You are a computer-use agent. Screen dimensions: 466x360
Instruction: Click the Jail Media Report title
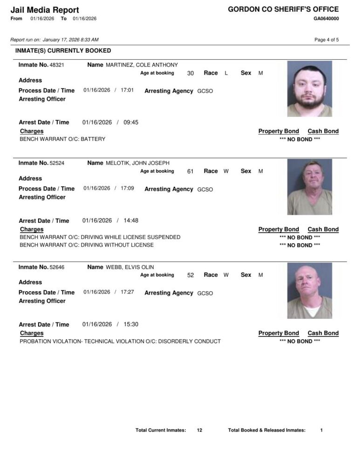[44, 10]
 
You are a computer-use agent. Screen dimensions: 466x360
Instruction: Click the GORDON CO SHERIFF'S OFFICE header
[283, 9]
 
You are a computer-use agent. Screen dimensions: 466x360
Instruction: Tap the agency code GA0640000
[326, 19]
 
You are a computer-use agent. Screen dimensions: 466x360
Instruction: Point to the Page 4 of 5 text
[326, 40]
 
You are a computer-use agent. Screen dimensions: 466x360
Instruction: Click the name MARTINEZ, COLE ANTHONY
[142, 65]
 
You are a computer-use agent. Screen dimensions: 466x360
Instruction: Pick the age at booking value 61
[190, 171]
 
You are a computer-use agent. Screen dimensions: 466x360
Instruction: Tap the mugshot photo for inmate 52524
[310, 186]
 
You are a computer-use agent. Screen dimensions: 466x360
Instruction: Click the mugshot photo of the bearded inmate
[310, 89]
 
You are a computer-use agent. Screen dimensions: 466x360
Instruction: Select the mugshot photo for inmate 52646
[310, 290]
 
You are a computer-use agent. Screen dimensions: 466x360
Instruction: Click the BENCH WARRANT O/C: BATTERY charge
[62, 139]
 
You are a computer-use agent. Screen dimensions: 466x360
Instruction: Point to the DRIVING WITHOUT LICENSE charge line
[87, 245]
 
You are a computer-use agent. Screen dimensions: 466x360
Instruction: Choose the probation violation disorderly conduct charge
[120, 341]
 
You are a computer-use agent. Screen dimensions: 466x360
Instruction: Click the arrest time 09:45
[131, 122]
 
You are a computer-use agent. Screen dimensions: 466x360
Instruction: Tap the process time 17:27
[127, 292]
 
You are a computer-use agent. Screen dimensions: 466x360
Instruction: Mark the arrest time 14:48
[131, 220]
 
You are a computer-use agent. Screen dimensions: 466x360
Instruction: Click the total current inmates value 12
[199, 430]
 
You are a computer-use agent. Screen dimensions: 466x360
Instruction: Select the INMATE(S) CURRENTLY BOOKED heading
[63, 50]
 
